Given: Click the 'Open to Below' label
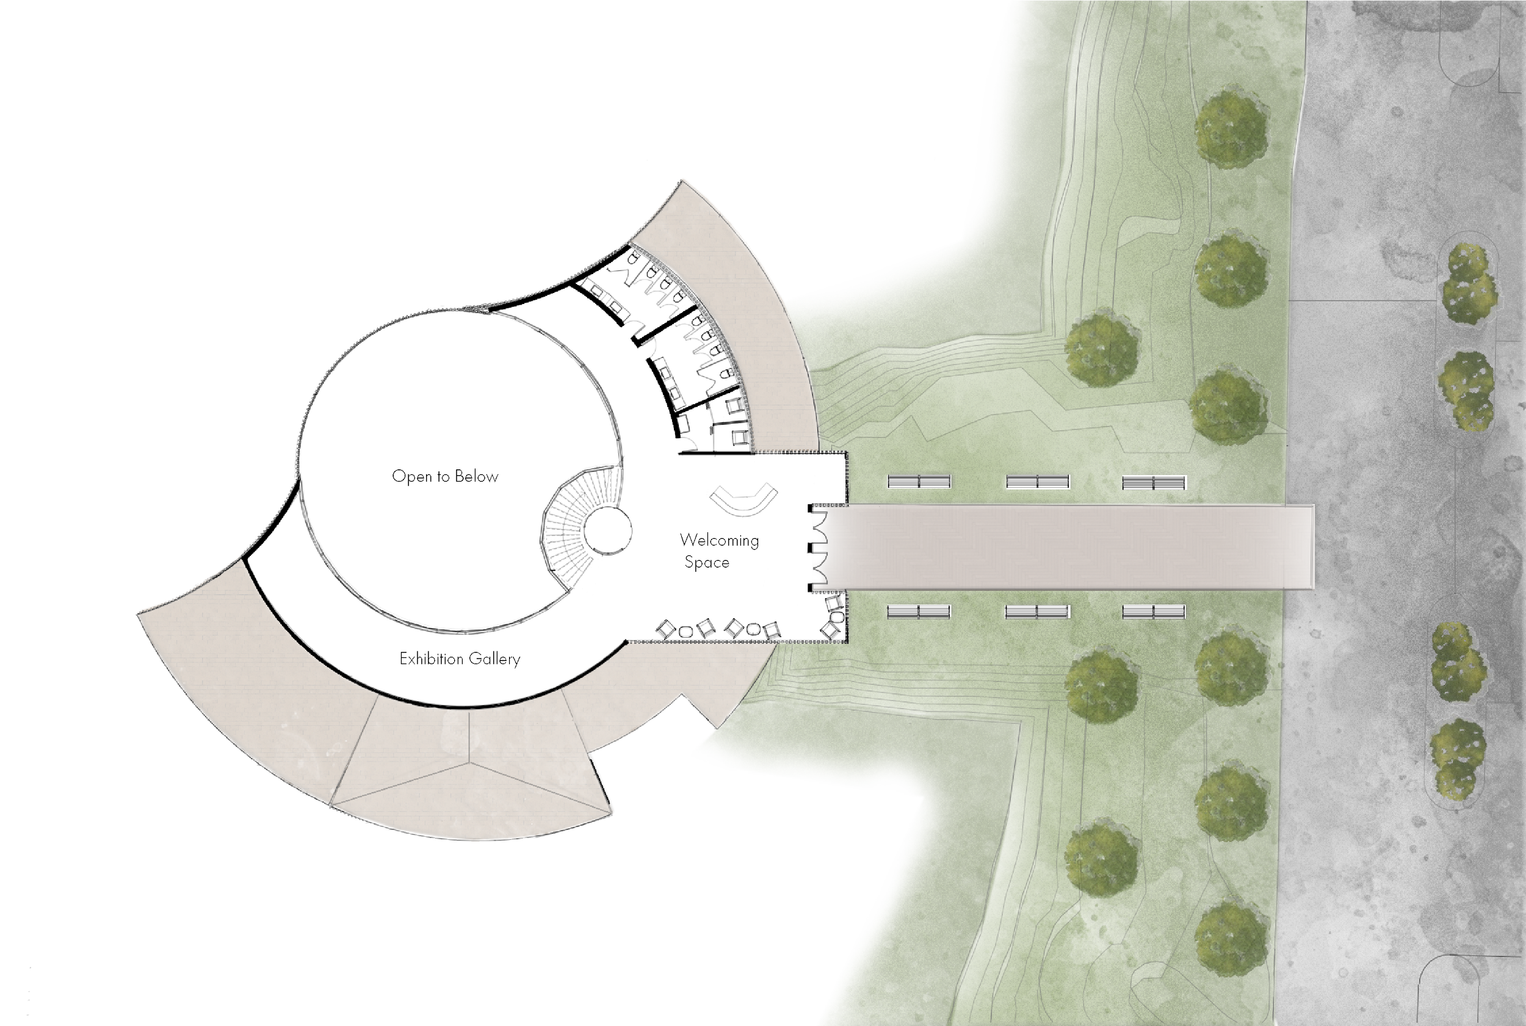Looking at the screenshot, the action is click(445, 476).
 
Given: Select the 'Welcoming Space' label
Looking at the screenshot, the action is click(718, 551).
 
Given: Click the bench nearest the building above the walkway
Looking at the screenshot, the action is click(919, 482).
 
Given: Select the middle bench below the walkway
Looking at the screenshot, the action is click(1037, 612).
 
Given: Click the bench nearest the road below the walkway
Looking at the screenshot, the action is click(1154, 612).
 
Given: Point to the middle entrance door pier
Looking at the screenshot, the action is click(811, 547).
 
